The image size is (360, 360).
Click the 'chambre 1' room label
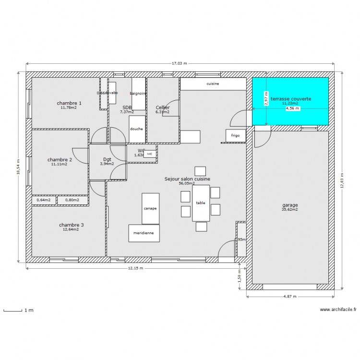tap(69, 103)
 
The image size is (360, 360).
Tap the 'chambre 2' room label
tap(60, 160)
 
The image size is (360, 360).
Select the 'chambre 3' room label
tap(71, 225)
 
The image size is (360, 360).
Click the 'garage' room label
tap(290, 205)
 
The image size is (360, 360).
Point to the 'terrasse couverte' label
tap(290, 99)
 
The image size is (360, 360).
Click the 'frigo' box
tap(235, 136)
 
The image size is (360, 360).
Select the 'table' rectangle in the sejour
tap(201, 203)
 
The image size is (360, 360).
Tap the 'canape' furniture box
tap(150, 209)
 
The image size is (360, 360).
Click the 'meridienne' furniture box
tap(144, 233)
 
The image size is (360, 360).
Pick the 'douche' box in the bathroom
tap(136, 129)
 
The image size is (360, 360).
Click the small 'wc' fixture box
tap(150, 154)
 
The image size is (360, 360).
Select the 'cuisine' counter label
tap(213, 84)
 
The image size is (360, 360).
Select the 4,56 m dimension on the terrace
tap(292, 108)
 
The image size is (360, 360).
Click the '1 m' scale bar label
tap(29, 311)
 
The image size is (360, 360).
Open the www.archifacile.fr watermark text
tap(337, 310)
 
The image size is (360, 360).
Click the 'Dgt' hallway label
tap(107, 159)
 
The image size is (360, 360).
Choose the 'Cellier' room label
tap(163, 108)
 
